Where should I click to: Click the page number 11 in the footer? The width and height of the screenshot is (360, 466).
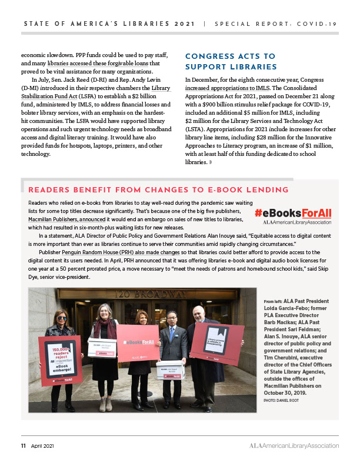pyautogui.click(x=24, y=445)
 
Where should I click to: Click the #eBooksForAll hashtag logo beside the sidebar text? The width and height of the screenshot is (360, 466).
pyautogui.click(x=292, y=212)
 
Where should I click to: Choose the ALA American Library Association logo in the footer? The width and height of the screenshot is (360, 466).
pyautogui.click(x=291, y=445)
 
